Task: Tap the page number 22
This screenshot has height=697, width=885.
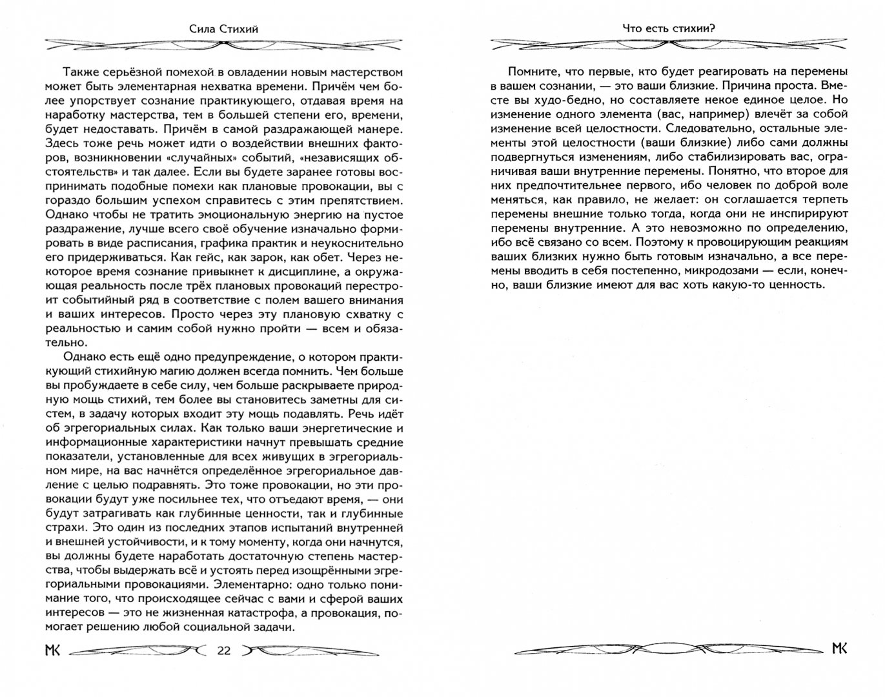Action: click(x=224, y=650)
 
